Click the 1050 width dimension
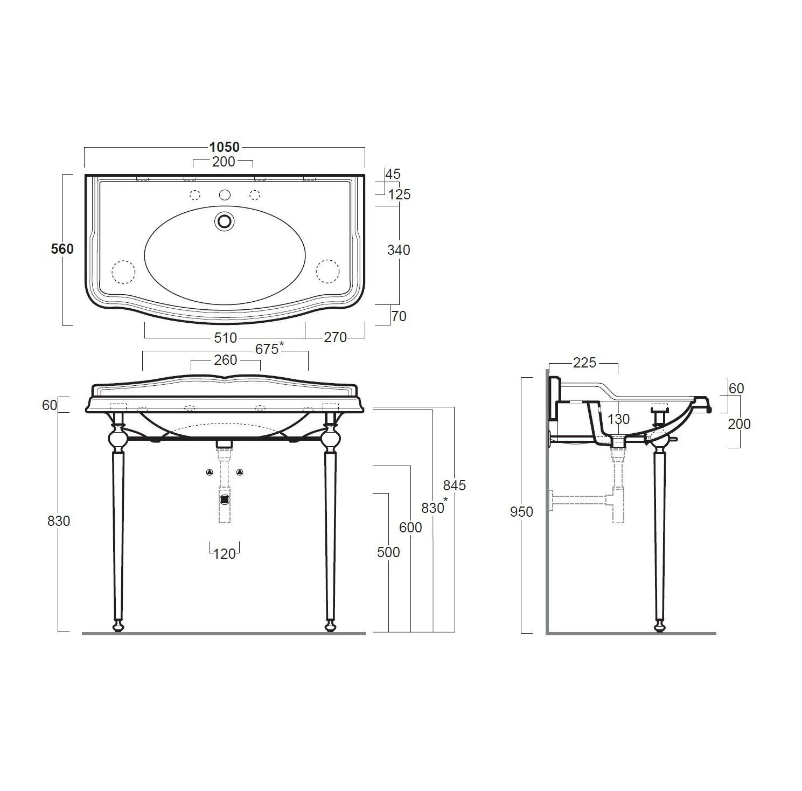[x=225, y=147]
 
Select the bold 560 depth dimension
[x=62, y=249]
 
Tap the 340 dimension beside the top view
[x=399, y=250]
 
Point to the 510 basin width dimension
[x=225, y=338]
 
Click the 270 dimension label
[x=335, y=337]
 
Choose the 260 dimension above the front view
[x=225, y=360]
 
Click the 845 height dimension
[x=454, y=485]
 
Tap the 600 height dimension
[x=410, y=528]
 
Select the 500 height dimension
[x=389, y=552]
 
